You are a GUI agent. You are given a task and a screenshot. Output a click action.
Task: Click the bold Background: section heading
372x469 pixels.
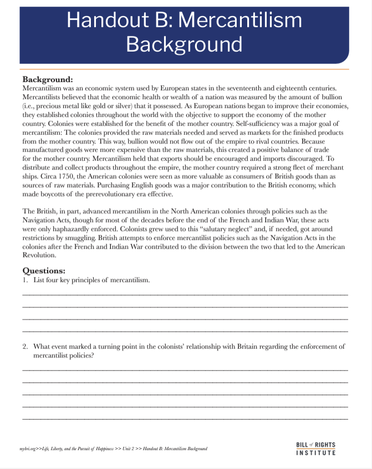(48, 79)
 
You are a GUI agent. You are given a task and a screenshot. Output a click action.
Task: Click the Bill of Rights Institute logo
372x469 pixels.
(316, 448)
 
